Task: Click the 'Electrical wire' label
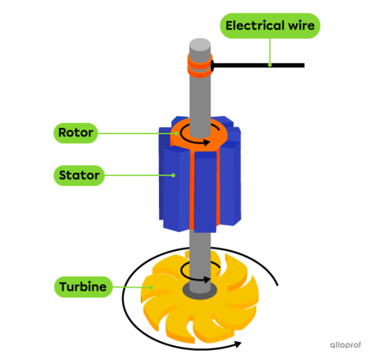270,26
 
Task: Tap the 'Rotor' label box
76,132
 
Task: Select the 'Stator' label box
79,175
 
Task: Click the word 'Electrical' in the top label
253,26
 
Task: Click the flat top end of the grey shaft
199,44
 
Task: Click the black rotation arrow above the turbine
196,274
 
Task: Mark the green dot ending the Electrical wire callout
270,64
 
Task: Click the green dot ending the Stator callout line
175,175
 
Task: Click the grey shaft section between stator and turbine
199,249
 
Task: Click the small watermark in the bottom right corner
344,344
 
